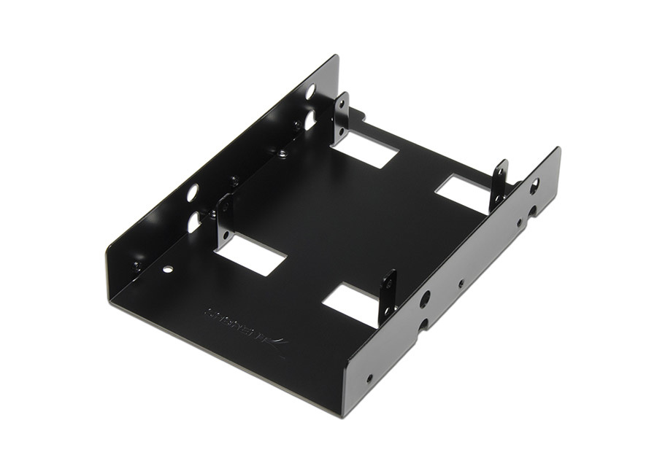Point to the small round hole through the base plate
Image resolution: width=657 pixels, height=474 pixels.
click(169, 269)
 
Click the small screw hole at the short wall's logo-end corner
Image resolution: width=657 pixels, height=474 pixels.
click(370, 379)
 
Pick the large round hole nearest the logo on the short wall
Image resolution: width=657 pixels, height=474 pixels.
click(426, 298)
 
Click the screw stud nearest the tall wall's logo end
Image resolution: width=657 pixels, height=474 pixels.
click(136, 267)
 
